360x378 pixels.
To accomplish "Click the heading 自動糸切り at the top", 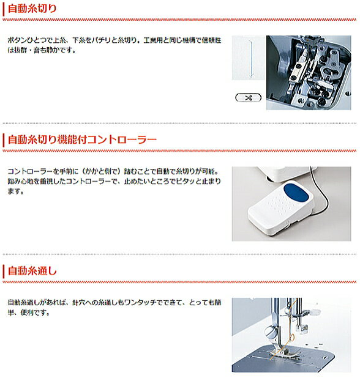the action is (32, 9).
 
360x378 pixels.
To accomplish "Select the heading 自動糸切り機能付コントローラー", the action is (82, 139).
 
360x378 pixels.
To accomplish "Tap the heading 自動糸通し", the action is (32, 271).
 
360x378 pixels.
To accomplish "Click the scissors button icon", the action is (249, 98).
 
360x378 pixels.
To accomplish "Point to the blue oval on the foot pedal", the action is (296, 193).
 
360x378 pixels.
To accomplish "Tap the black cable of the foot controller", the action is (322, 193).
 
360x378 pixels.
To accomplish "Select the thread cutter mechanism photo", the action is (309, 73).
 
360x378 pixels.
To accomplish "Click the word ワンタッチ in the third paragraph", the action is (140, 302).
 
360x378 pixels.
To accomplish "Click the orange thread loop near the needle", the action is (291, 337).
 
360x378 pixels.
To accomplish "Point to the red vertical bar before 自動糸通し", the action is (4, 272).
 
